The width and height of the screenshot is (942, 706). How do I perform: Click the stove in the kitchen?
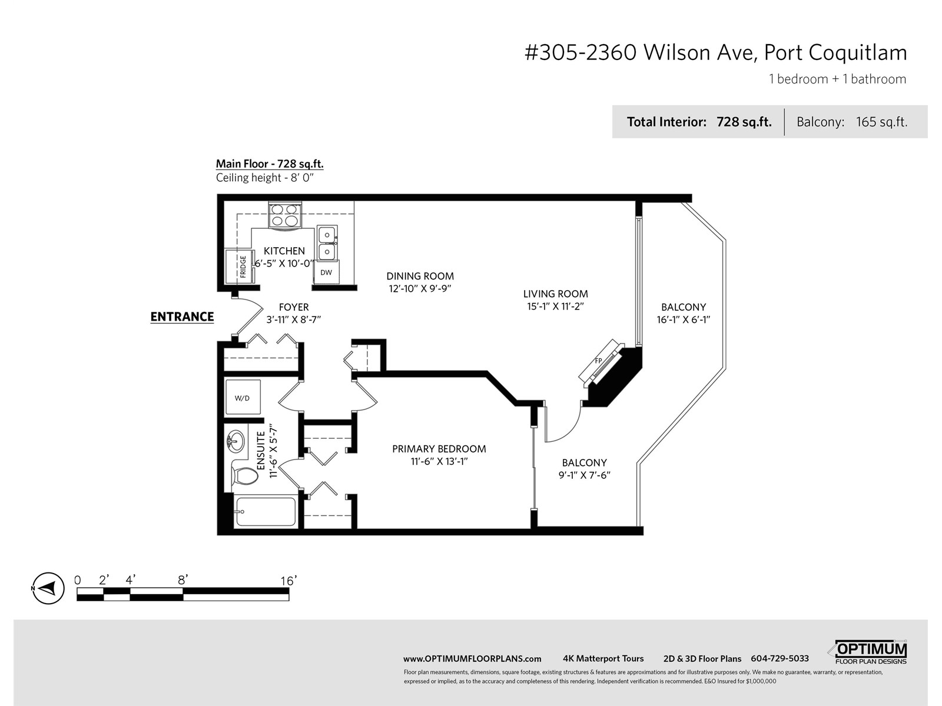[x=284, y=215]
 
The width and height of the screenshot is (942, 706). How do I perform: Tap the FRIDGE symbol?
[x=240, y=266]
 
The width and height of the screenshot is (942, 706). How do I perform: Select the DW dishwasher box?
[x=326, y=272]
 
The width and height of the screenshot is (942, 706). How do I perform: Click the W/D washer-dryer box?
[x=243, y=397]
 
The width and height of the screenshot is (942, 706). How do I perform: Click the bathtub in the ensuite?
[x=266, y=511]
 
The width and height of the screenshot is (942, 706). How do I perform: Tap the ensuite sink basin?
[x=235, y=441]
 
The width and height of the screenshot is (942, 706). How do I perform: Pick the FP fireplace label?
[x=598, y=361]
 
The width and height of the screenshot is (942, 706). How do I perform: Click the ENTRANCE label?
[x=182, y=317]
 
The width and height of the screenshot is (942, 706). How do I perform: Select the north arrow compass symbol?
[x=48, y=588]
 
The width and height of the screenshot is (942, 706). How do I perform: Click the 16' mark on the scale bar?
[x=288, y=581]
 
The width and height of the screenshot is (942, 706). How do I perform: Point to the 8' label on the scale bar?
[x=183, y=580]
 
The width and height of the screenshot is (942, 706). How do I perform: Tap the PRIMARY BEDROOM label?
[x=439, y=449]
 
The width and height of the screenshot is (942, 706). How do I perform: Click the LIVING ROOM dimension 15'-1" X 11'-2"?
[x=555, y=307]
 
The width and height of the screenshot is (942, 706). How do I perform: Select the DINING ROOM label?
[x=420, y=276]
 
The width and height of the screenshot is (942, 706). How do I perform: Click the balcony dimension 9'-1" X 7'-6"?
[x=584, y=475]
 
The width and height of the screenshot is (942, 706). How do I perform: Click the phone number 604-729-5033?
[x=780, y=658]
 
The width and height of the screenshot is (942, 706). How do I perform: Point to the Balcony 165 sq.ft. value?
[x=881, y=122]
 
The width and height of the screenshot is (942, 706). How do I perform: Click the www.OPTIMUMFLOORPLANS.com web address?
[x=472, y=659]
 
